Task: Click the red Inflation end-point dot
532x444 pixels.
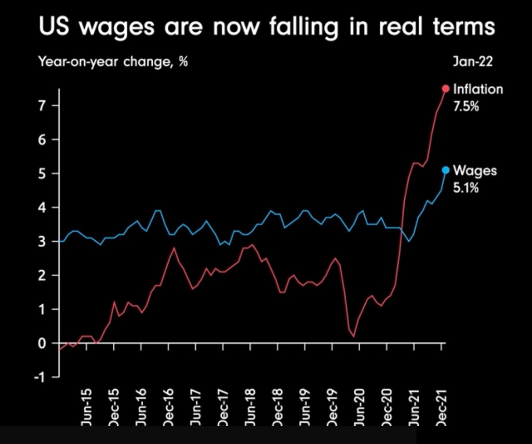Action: click(445, 88)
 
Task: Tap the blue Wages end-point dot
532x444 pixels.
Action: click(445, 170)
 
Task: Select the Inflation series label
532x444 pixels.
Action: click(478, 89)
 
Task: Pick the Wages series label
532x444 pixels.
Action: click(475, 171)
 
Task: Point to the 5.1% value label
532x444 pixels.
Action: click(465, 188)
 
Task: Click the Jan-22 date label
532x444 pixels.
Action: click(472, 61)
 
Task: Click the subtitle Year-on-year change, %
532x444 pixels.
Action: click(113, 61)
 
